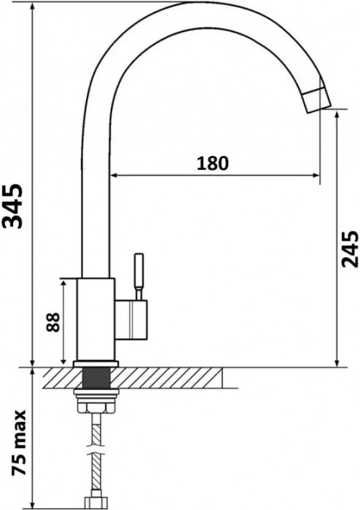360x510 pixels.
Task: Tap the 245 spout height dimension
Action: click(349, 250)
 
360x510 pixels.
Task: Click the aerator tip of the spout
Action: click(314, 98)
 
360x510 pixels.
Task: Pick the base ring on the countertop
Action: click(96, 364)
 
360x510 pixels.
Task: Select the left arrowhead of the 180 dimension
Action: click(114, 175)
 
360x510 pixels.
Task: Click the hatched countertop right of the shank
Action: click(168, 378)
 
